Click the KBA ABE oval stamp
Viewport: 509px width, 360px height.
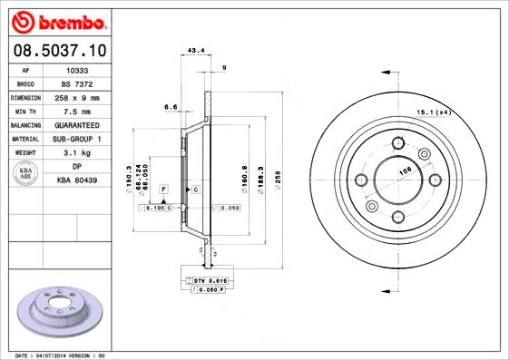click(26, 174)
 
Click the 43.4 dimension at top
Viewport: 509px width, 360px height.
click(194, 51)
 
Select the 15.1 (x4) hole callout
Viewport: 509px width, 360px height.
click(435, 112)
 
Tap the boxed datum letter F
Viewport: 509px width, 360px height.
click(163, 188)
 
